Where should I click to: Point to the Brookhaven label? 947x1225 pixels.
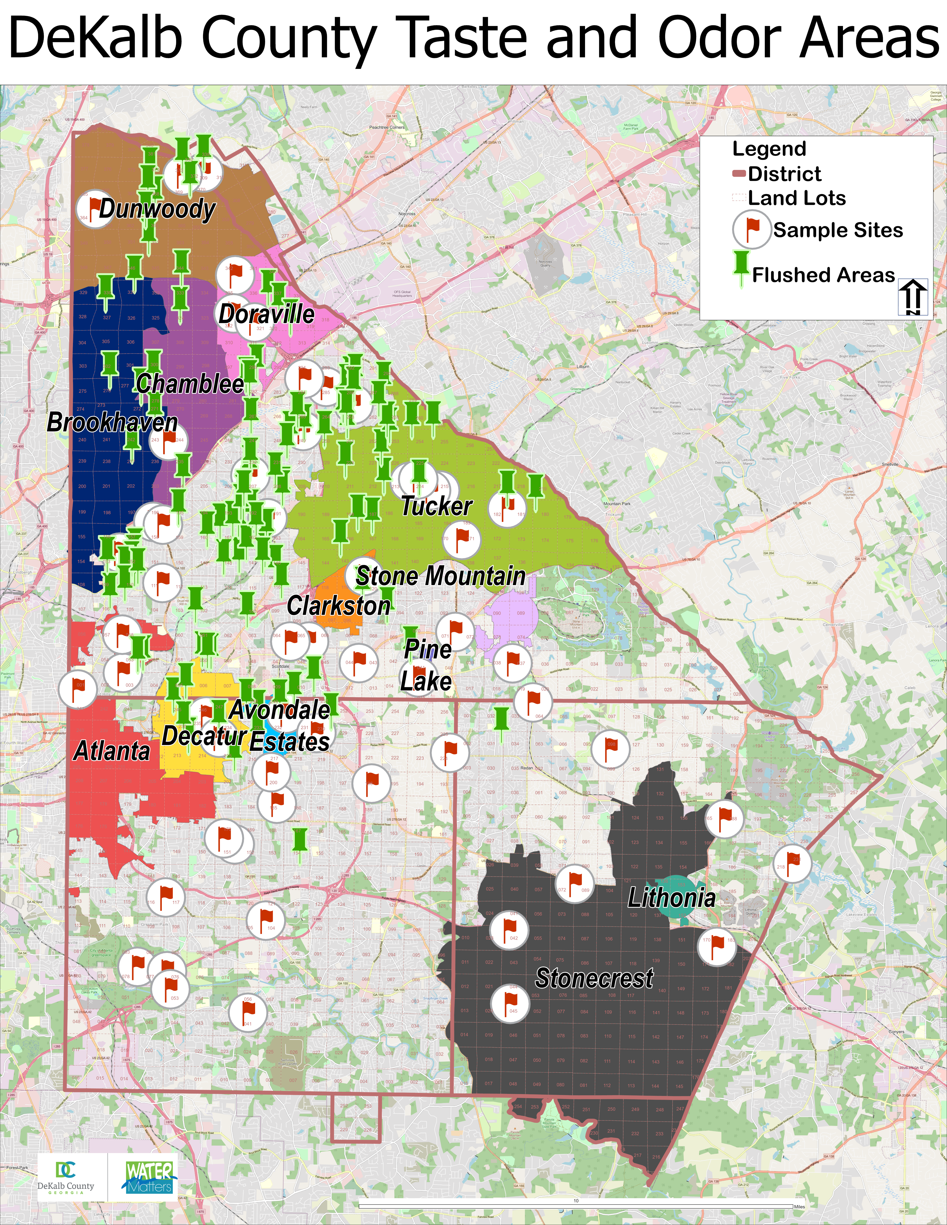112,422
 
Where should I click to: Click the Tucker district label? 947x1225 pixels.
437,506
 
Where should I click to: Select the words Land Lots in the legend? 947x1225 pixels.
797,198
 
